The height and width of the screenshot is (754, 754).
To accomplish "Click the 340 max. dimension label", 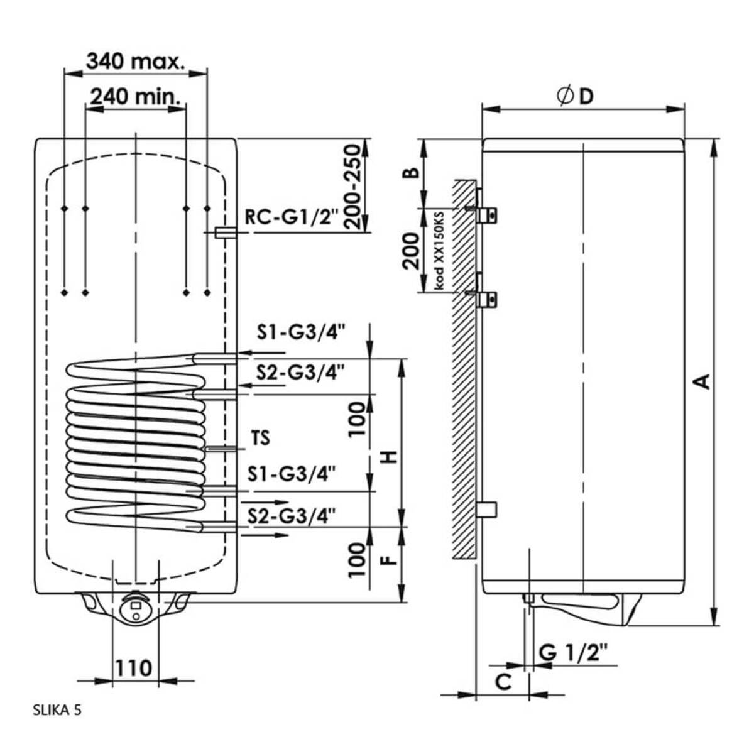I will coord(136,62).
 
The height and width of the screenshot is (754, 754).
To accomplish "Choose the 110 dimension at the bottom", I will coord(133,667).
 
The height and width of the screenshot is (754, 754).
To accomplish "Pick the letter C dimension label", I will coord(503,680).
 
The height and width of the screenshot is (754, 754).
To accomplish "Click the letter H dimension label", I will coord(391,457).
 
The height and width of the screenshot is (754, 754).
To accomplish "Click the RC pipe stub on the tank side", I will coord(224,232).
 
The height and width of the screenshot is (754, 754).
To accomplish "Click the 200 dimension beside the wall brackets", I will coord(411,250).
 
